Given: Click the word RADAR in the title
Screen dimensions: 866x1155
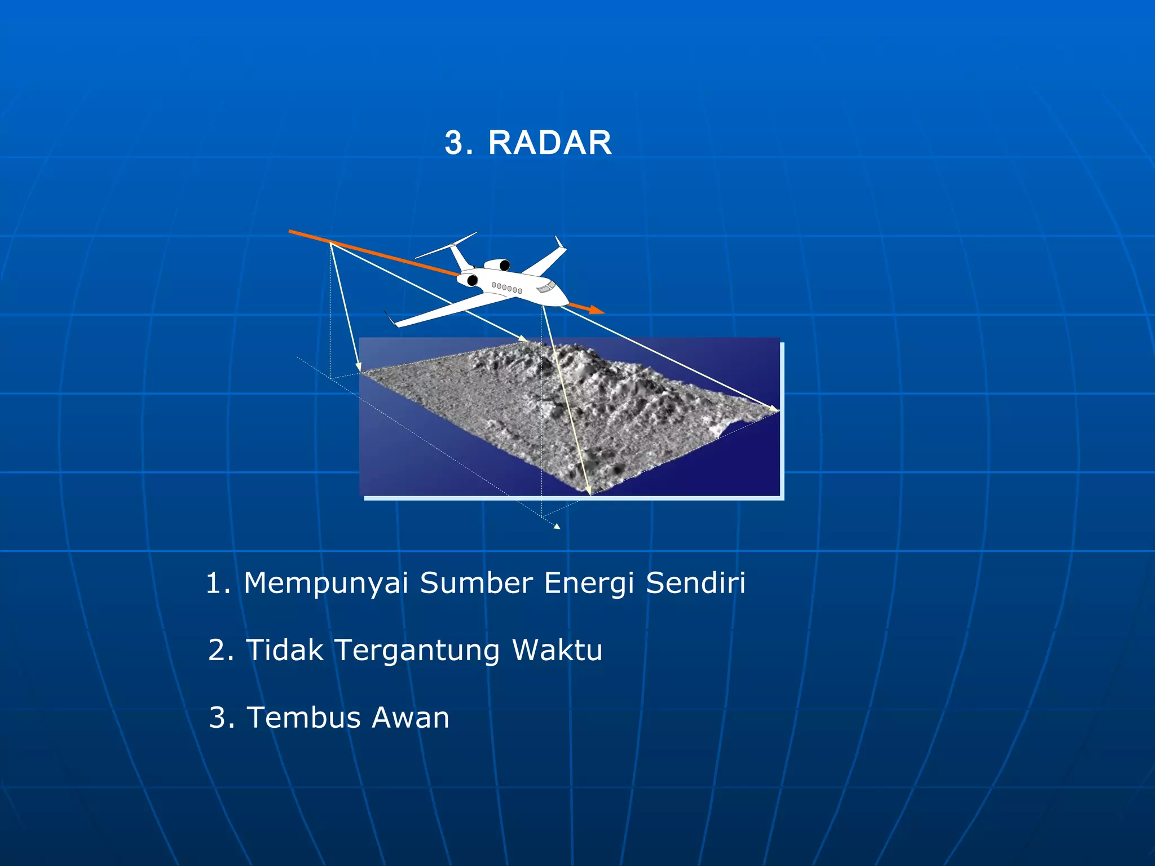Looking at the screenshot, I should [x=550, y=143].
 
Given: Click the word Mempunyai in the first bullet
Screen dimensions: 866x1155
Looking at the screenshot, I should [x=326, y=584].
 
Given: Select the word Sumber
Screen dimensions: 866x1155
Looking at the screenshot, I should [x=476, y=583].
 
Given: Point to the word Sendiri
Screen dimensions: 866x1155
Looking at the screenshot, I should [x=695, y=583].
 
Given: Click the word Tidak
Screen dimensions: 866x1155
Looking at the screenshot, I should [x=285, y=650].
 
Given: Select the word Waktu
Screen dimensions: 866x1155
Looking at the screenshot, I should [x=557, y=650].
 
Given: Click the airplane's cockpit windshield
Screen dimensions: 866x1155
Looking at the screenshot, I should [x=545, y=288].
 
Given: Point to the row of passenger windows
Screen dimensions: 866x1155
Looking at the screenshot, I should [x=506, y=288].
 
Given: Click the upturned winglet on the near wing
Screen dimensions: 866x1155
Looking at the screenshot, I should [x=390, y=319].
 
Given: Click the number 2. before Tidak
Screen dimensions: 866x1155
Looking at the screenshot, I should [x=221, y=650].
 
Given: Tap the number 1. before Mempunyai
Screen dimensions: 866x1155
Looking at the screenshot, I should [x=218, y=584].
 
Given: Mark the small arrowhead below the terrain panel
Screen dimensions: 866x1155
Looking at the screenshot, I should [x=557, y=526].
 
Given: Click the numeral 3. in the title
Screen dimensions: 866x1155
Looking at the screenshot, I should [x=459, y=143].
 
